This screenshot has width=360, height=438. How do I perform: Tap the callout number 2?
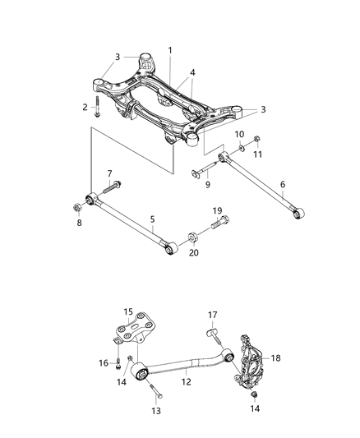click(85, 108)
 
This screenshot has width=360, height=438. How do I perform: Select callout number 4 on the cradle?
click(192, 73)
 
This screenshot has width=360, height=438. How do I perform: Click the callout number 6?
click(282, 186)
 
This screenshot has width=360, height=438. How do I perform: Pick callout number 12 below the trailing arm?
click(187, 380)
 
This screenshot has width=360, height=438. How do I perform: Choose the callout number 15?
click(128, 311)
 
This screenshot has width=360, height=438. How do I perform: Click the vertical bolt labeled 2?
click(97, 106)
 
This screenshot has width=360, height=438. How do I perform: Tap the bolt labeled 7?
click(112, 186)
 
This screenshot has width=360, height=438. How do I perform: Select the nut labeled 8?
click(77, 201)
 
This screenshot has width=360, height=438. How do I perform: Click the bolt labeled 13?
click(156, 393)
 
